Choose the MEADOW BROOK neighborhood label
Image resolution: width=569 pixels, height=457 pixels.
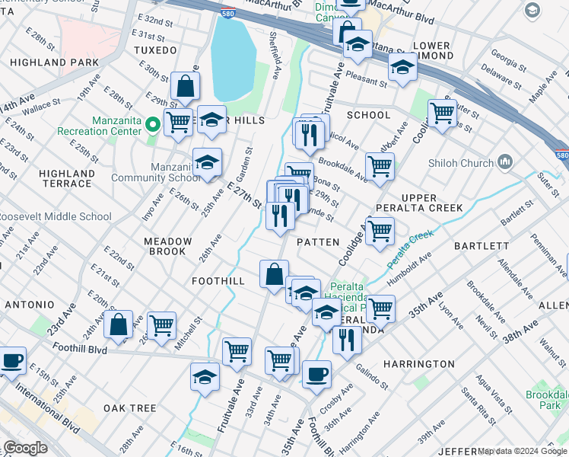[x=168, y=246]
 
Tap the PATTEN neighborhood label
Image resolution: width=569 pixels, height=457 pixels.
[x=317, y=241]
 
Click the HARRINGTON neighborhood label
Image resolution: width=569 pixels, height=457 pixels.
[x=419, y=364]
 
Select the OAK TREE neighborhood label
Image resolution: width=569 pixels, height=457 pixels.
[x=130, y=408]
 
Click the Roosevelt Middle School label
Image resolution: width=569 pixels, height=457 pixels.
[x=55, y=216]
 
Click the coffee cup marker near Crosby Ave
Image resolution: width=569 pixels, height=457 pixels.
[x=316, y=374]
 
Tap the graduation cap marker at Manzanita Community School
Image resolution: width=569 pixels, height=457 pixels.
[x=207, y=162]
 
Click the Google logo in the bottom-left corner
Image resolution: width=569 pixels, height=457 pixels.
[x=25, y=448]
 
